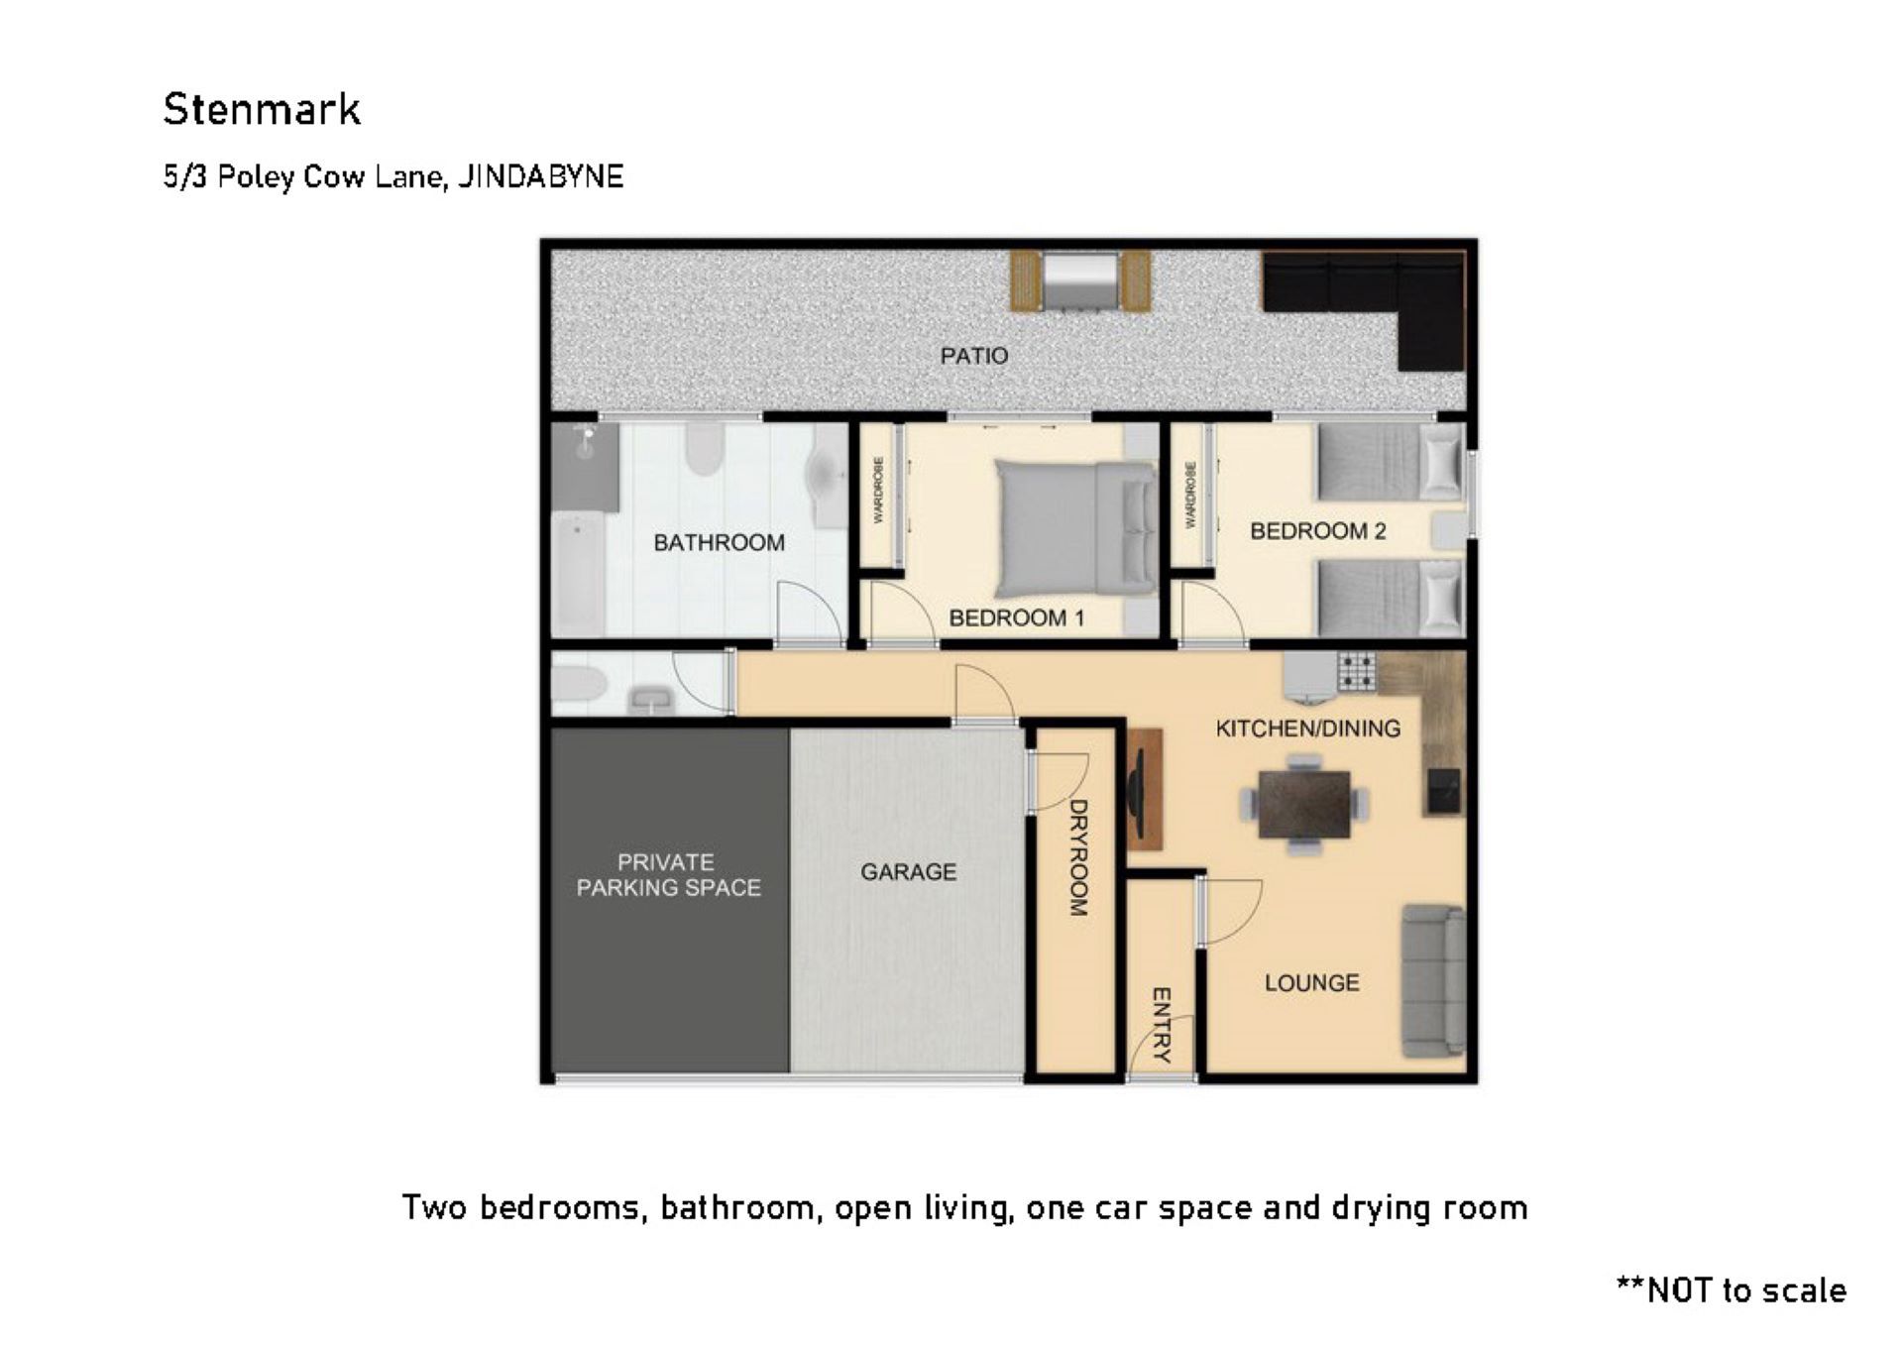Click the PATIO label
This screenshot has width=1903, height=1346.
[973, 356]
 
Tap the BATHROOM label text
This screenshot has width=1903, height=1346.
[719, 542]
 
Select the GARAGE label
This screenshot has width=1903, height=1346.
[908, 871]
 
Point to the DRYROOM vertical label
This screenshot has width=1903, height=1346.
[1078, 857]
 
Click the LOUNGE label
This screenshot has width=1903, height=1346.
[1311, 982]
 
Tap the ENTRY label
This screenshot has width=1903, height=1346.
[1161, 1025]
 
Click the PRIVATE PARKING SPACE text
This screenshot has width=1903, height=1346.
[668, 874]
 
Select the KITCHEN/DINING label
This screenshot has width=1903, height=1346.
[1308, 729]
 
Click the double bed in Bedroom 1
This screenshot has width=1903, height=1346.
[1076, 528]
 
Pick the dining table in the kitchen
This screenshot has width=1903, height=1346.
[1304, 804]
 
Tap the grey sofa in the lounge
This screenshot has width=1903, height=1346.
[1433, 980]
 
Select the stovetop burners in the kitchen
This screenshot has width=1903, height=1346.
[1356, 670]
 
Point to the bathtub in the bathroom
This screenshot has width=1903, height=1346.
[577, 575]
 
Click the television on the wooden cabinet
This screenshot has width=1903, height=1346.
[1136, 788]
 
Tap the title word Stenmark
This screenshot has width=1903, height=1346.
[262, 109]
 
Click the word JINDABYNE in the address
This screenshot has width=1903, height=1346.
[540, 176]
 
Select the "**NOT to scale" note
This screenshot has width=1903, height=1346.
[1731, 1290]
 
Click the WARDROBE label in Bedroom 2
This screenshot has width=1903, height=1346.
[1190, 495]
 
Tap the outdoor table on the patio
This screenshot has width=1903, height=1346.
[1080, 280]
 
